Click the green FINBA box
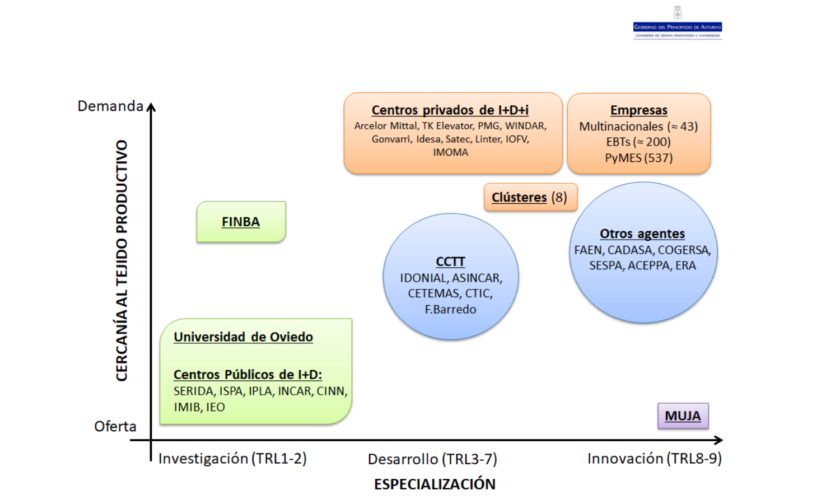pos(241,222)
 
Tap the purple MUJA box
pos(683,416)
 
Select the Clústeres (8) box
pos(530,197)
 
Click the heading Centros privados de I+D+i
pos(450,110)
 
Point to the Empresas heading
pos(639,110)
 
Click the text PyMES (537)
pos(639,158)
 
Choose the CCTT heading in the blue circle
pos(450,262)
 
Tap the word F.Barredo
pos(450,309)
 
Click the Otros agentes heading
pos(642,234)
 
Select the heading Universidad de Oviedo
pos(243,337)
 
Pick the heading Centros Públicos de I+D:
pos(248,375)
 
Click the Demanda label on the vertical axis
pos(110,106)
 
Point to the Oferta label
pos(115,427)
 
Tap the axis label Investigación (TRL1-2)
pos(232,459)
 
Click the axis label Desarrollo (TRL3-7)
pos(432,459)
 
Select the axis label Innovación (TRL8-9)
pos(654,459)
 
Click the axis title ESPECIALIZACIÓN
pos(435,484)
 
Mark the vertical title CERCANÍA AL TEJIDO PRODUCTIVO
pos(122,260)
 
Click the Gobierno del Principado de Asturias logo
pos(677,25)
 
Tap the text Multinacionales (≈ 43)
pos(638,127)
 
